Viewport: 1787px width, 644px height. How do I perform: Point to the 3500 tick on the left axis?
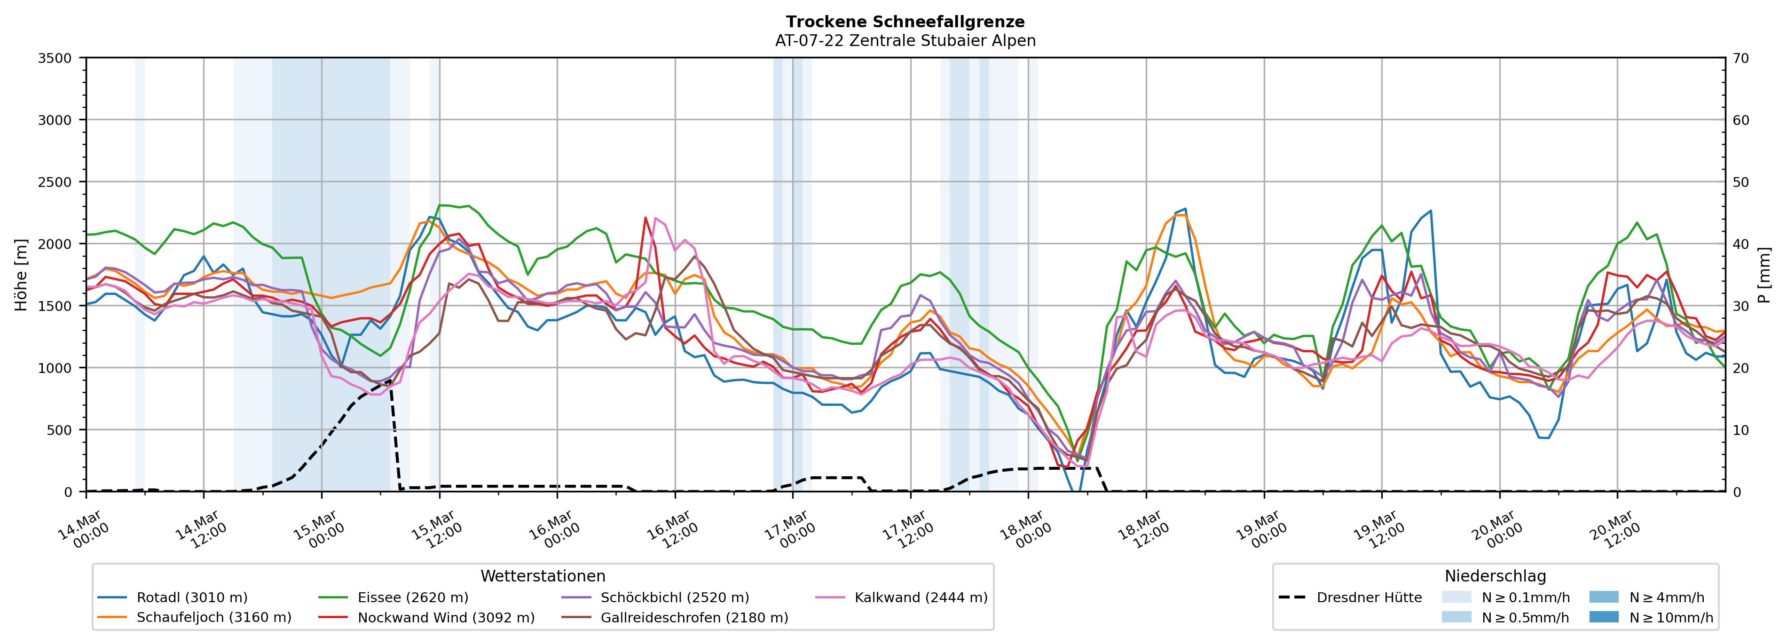55,58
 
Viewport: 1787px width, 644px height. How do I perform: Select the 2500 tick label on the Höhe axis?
55,182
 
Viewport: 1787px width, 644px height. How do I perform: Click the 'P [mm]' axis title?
1764,274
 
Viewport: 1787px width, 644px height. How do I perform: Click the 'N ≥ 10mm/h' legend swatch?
1604,617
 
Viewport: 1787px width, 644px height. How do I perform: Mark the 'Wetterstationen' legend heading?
543,576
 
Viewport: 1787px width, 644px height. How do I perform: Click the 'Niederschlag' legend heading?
1495,576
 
